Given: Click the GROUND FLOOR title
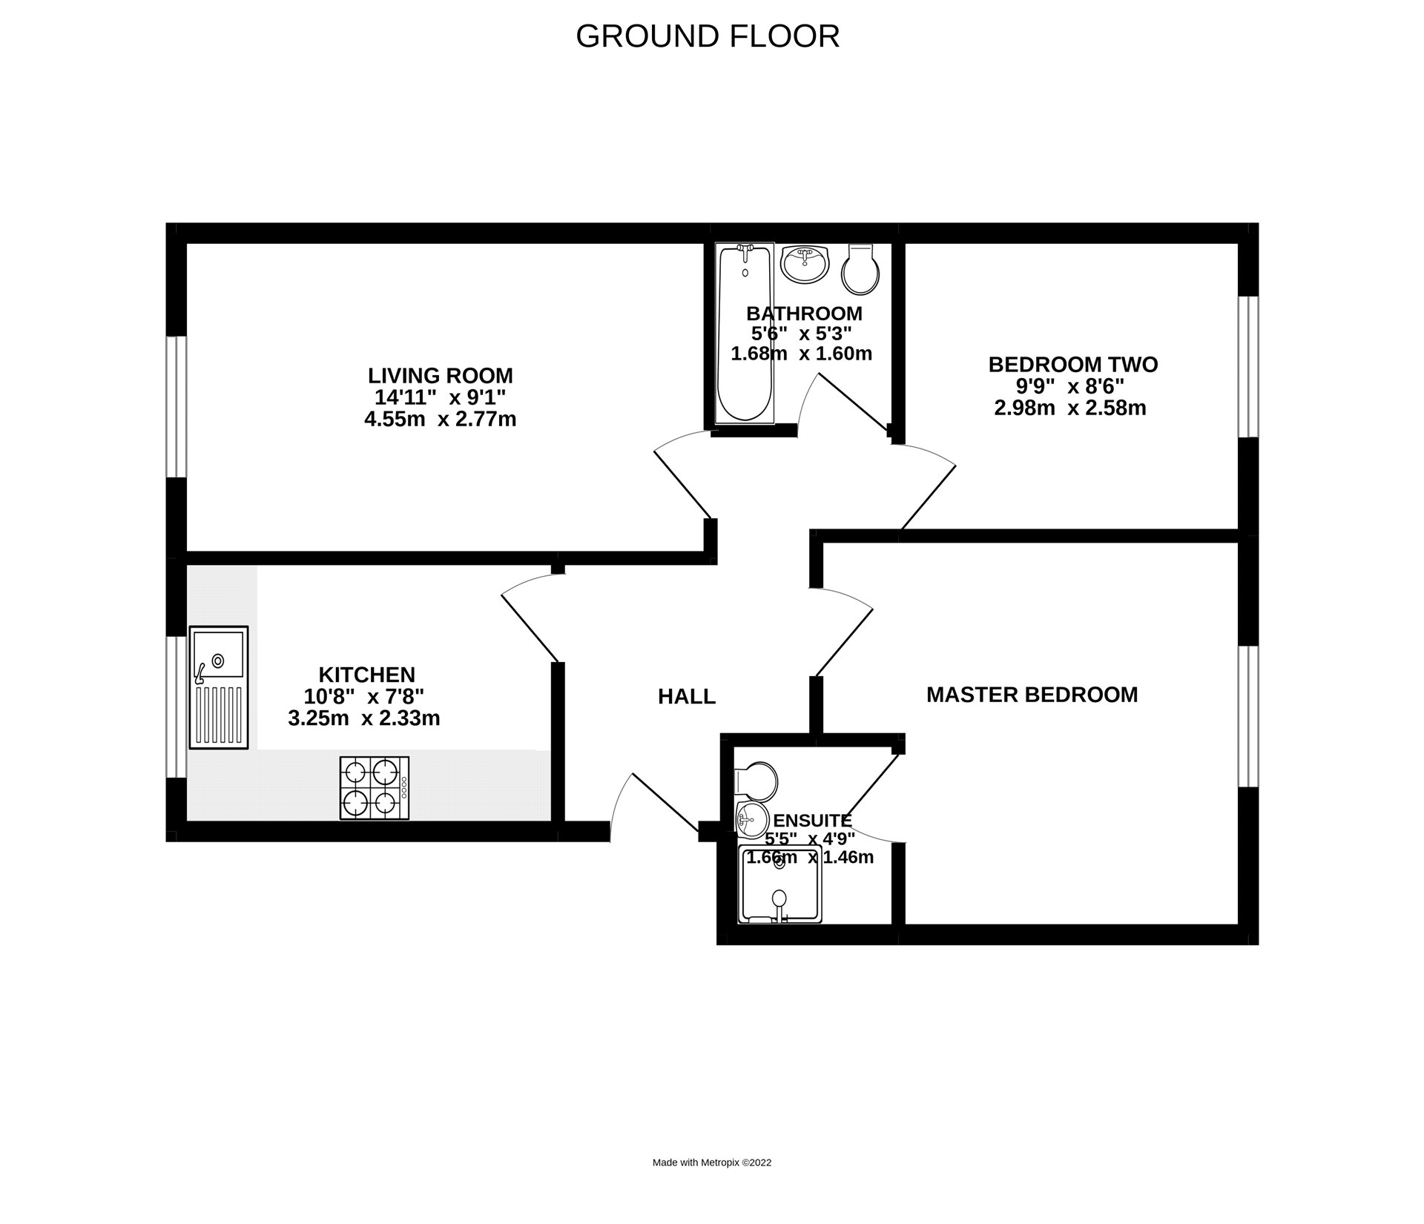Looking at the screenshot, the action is click(x=707, y=36).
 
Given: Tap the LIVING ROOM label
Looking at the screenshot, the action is click(x=441, y=375).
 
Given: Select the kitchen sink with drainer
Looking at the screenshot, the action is click(x=219, y=687).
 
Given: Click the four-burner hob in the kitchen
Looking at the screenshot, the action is click(x=374, y=787).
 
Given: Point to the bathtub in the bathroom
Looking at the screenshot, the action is click(x=745, y=334).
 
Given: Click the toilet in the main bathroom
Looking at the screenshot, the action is click(x=861, y=268).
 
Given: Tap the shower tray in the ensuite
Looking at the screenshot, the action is click(x=780, y=884).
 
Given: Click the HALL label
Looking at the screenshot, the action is click(x=687, y=696).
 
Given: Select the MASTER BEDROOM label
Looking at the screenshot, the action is click(x=1032, y=695).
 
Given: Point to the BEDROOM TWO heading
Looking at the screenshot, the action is click(x=1072, y=365).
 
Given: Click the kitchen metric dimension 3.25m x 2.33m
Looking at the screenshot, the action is click(x=363, y=718).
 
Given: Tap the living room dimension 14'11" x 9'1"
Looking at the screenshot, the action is click(x=440, y=397).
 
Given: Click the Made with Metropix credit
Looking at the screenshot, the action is click(x=711, y=1162).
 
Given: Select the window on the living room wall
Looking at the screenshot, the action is click(x=176, y=406).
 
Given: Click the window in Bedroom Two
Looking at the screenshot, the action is click(x=1249, y=366).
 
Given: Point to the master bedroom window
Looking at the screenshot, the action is click(x=1249, y=715).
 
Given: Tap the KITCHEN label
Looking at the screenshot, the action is click(x=366, y=675).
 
